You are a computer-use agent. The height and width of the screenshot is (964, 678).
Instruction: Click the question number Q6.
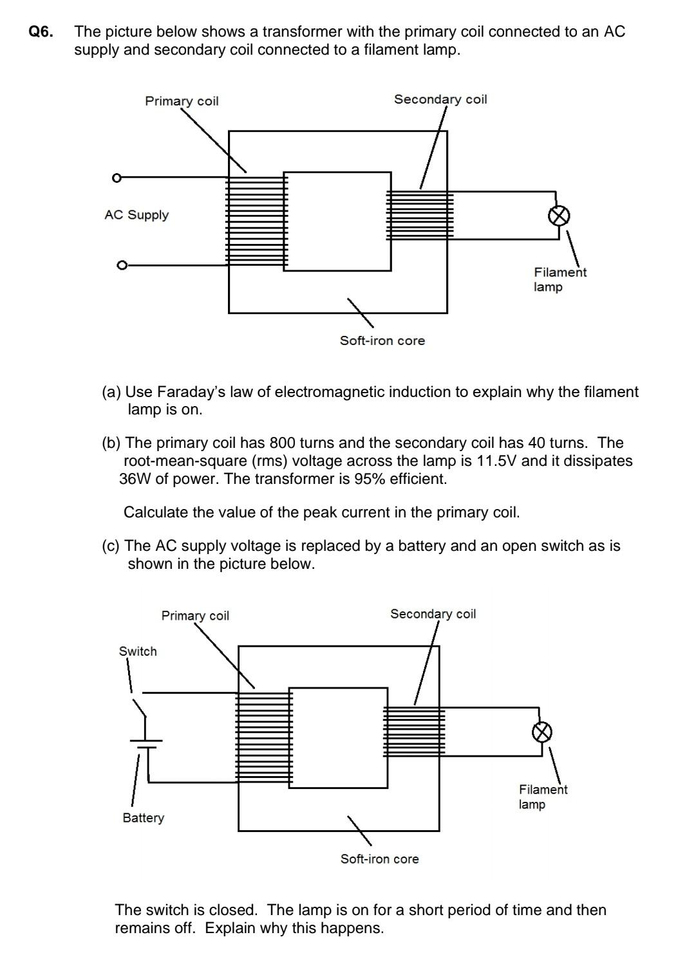click(x=41, y=32)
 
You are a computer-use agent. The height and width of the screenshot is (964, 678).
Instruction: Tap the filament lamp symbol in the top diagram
click(x=559, y=216)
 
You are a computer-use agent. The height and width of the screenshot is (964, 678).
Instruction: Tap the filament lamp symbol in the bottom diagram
click(x=542, y=732)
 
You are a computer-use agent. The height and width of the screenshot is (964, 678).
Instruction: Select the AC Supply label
click(x=137, y=215)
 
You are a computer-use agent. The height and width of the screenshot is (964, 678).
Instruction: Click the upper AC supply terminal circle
click(x=117, y=178)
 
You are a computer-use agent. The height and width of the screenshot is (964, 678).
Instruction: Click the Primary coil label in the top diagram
click(x=182, y=101)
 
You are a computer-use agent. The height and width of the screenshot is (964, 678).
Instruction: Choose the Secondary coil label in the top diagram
click(x=440, y=99)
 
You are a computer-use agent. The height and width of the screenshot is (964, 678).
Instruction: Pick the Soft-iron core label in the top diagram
click(x=382, y=341)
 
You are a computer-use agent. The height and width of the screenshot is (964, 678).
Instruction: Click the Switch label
click(x=138, y=651)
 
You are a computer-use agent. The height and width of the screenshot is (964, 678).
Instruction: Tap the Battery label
click(x=143, y=818)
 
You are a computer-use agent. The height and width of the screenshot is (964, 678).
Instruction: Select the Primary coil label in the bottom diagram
click(x=195, y=616)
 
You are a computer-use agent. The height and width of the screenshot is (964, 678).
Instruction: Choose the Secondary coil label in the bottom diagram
click(x=433, y=614)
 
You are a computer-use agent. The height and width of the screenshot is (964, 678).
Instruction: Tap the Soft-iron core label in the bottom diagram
click(x=379, y=859)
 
